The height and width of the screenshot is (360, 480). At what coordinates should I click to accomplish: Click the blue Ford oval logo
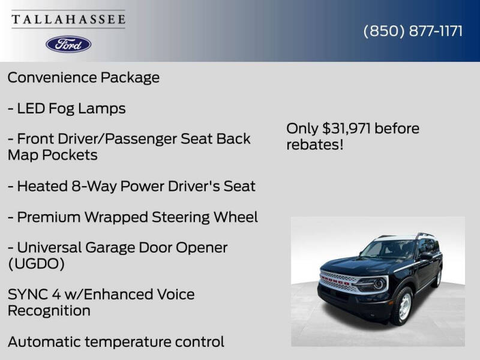tap(68, 44)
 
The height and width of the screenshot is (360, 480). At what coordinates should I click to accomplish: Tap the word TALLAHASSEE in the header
tap(68, 20)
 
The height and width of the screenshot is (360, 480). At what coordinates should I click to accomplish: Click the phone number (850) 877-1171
tap(413, 31)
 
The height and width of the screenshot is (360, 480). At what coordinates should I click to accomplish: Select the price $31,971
tap(346, 128)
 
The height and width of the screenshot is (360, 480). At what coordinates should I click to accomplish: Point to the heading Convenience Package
tap(83, 77)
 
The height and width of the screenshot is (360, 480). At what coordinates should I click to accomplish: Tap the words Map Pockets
tap(53, 155)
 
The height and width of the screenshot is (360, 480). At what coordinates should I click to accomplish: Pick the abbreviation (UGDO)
tap(36, 263)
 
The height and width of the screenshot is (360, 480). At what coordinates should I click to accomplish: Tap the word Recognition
tap(49, 311)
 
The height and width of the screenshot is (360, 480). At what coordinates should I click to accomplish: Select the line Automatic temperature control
tap(116, 342)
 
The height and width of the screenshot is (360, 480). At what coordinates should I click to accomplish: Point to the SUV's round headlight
tap(379, 284)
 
